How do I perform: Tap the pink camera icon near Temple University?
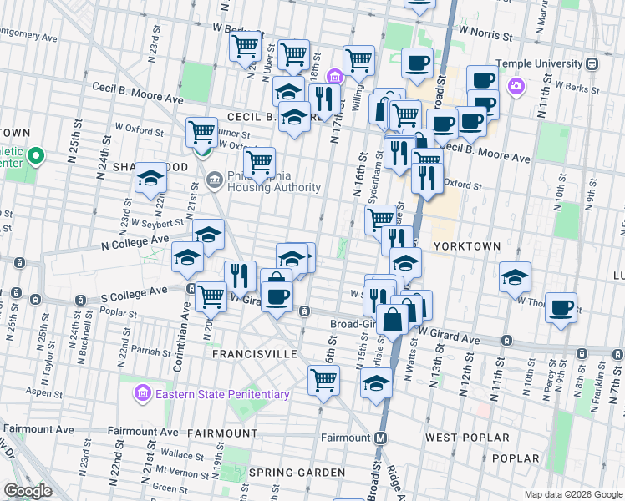(x=516, y=85)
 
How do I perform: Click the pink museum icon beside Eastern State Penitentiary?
(x=143, y=393)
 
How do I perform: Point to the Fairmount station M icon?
(x=381, y=438)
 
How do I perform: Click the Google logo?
(x=28, y=491)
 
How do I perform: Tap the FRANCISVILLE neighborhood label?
(x=254, y=354)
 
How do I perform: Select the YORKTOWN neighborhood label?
(x=466, y=246)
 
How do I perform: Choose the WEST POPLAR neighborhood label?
(x=467, y=438)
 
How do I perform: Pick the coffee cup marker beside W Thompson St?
(x=561, y=306)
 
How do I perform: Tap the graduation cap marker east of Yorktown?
(x=516, y=276)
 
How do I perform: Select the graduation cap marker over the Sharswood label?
(x=151, y=177)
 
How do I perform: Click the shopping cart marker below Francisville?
(x=323, y=380)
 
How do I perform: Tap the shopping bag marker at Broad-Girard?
(x=392, y=319)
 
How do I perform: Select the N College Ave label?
(x=135, y=242)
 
